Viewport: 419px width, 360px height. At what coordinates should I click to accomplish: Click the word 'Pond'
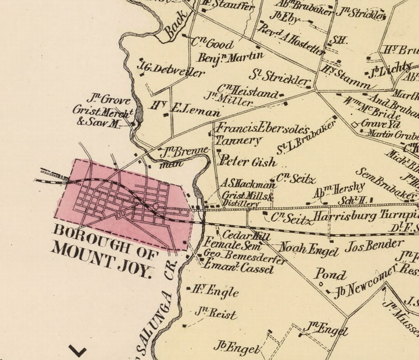pos(330,274)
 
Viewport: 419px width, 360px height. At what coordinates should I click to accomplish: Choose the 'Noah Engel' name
pos(308,248)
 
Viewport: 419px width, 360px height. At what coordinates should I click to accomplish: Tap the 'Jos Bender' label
pos(368,245)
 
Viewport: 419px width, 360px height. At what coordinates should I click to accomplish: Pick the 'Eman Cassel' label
pos(239,269)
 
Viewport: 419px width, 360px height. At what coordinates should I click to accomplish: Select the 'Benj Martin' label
pos(231,56)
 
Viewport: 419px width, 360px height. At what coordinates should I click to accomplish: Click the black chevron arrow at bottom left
pos(77,350)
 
